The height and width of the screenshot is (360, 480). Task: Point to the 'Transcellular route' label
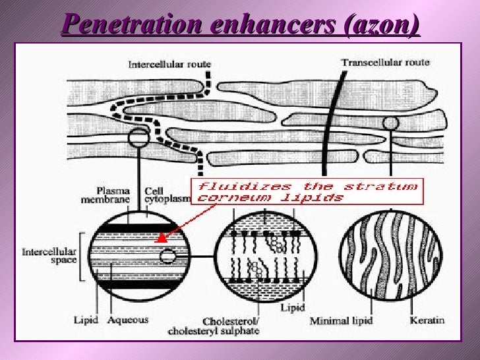[x=385, y=63]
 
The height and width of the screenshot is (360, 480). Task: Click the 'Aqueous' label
[x=129, y=320]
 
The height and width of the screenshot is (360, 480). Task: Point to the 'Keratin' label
[x=427, y=320]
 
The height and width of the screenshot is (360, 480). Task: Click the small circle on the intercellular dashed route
[x=139, y=138]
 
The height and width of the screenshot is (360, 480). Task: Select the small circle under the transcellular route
[x=390, y=123]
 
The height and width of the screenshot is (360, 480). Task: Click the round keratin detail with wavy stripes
[x=382, y=255]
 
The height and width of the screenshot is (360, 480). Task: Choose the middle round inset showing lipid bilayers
[x=266, y=255]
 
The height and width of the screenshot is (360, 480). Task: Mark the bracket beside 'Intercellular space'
[x=82, y=256]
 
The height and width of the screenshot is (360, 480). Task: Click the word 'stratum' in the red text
[x=390, y=186]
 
